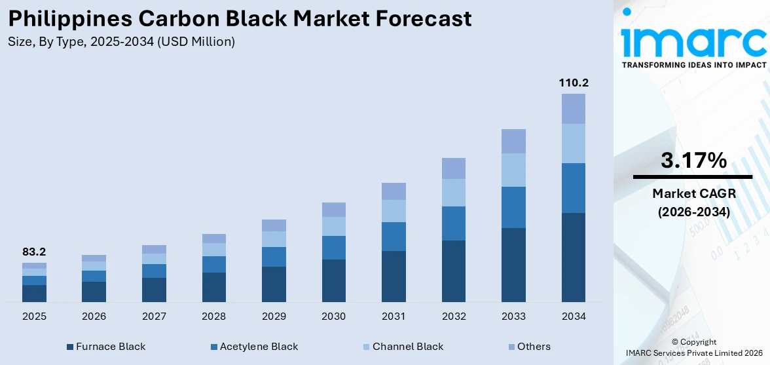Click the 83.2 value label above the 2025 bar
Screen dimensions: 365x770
(34, 252)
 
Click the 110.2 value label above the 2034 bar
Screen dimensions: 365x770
(574, 83)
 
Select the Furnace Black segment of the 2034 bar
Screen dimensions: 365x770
(574, 257)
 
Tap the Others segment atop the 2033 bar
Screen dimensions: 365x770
(513, 141)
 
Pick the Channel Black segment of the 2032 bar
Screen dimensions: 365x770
(454, 193)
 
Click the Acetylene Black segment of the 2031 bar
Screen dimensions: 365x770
(394, 237)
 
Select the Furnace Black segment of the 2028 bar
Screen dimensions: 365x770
(214, 287)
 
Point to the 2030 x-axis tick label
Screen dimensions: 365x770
(334, 317)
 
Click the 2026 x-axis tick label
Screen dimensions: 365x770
(94, 317)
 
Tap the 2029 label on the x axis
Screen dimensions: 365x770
(274, 317)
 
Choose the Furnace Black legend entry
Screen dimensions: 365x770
(110, 347)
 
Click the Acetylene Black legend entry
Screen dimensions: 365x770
(259, 347)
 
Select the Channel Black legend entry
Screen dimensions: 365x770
(407, 347)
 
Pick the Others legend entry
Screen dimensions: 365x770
(534, 347)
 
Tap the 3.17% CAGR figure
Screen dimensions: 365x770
(693, 161)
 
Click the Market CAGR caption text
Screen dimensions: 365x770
(693, 193)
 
